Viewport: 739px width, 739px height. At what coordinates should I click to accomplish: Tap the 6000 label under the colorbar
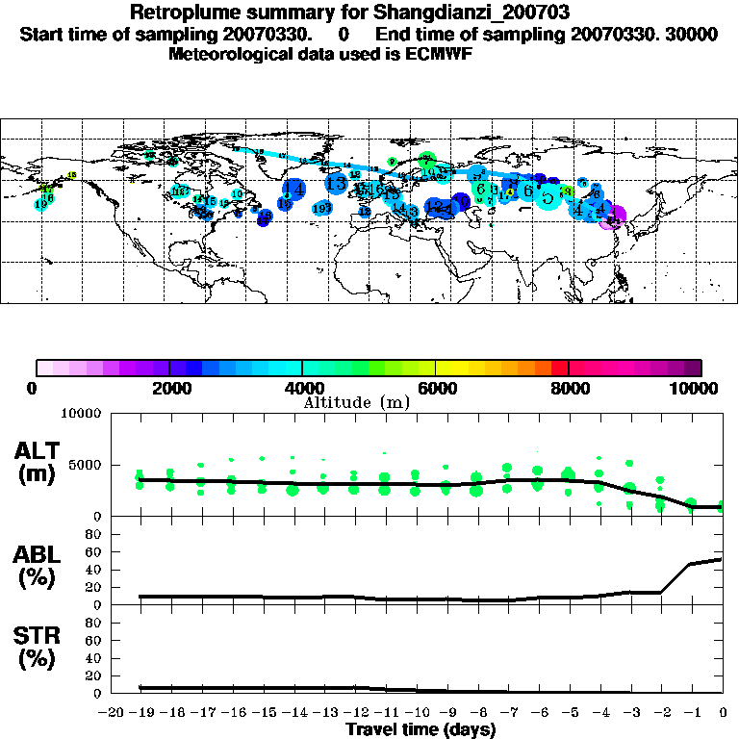point(435,388)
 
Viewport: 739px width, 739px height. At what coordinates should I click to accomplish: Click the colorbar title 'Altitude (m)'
point(357,401)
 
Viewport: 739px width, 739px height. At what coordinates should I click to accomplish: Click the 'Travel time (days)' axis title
point(420,729)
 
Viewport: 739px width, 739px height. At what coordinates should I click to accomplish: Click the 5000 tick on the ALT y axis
point(84,465)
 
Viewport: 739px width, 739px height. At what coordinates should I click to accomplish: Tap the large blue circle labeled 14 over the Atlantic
point(294,190)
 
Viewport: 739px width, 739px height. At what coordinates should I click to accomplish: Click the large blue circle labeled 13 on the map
point(336,182)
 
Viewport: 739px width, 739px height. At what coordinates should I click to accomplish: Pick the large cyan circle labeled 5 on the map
point(548,198)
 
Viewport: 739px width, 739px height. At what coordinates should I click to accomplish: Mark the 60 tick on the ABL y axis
point(95,551)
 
